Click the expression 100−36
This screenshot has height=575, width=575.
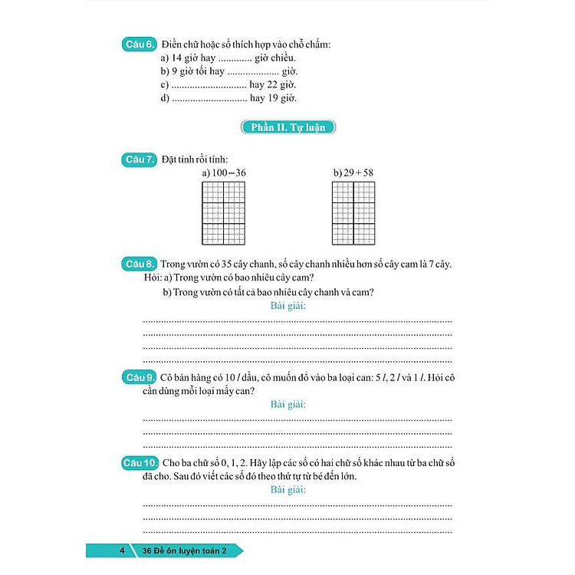(x=228, y=173)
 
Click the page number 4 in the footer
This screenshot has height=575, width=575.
(x=122, y=550)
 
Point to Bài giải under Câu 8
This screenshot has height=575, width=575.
(x=288, y=306)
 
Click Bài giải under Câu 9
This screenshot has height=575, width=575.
(x=288, y=404)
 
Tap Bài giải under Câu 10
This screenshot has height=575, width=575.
(x=288, y=489)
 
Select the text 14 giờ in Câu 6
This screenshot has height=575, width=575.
(x=189, y=58)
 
